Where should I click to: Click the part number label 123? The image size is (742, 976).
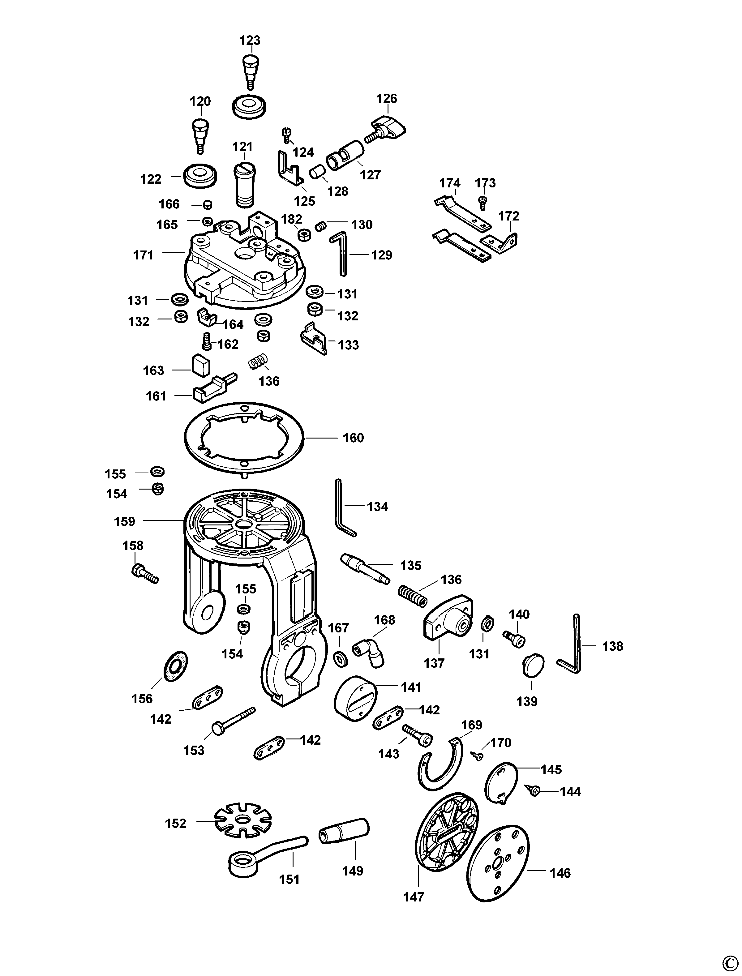(x=250, y=40)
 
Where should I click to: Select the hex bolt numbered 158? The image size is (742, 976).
(x=144, y=574)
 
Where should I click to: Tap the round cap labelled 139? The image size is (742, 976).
(x=534, y=665)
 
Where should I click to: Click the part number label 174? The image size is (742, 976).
(x=450, y=183)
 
